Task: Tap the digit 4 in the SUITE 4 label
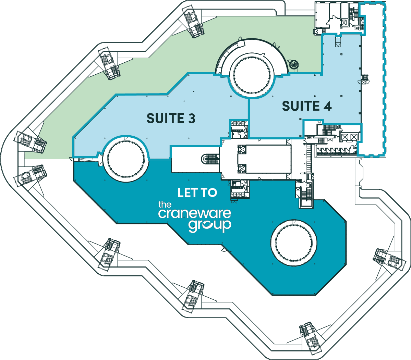pos(327,106)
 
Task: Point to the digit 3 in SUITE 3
pos(191,119)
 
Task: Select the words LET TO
pos(197,193)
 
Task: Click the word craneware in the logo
pos(194,214)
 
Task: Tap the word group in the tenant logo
pos(209,226)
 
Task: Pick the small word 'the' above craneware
pos(165,205)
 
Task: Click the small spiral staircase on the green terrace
pos(294,64)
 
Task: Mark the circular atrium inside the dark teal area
pos(294,242)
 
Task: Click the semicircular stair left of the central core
pos(211,159)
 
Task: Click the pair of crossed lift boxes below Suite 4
pos(349,137)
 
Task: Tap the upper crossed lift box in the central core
pos(242,149)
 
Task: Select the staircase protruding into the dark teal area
pos(306,194)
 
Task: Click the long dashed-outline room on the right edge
pos(373,79)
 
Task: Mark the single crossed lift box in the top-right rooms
pos(344,23)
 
